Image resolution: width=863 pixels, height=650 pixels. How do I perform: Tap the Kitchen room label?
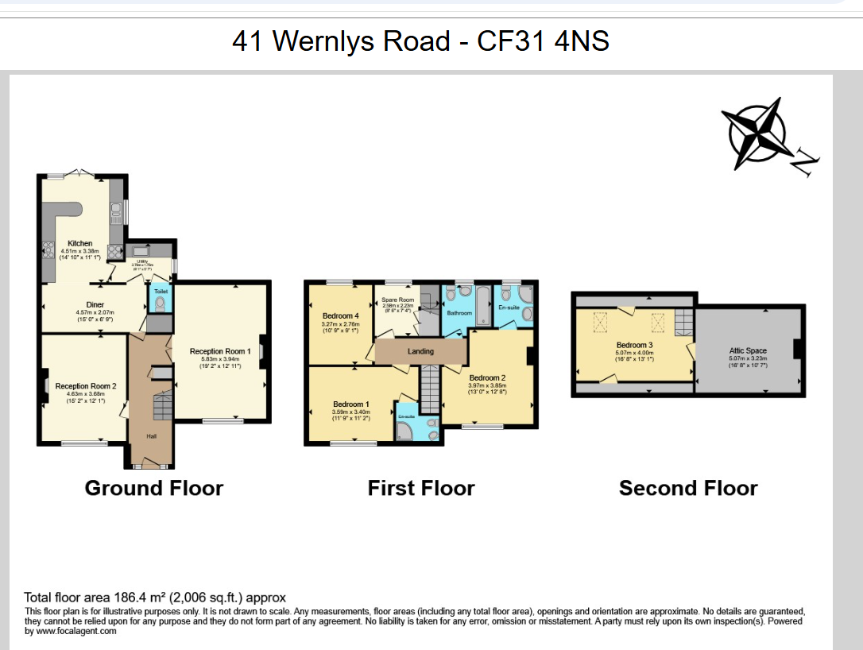(79, 243)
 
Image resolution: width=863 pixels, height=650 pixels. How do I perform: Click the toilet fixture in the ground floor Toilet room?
(161, 303)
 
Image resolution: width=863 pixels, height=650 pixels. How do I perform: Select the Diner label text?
(95, 304)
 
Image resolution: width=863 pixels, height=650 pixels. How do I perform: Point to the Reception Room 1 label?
(220, 350)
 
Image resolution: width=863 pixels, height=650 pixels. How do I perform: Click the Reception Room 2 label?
(86, 386)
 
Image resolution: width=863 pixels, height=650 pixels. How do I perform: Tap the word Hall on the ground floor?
(151, 435)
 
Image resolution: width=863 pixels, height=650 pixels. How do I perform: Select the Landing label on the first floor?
(420, 351)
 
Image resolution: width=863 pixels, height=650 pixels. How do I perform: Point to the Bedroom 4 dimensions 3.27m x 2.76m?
(340, 324)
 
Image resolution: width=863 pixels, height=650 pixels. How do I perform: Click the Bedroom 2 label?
(487, 377)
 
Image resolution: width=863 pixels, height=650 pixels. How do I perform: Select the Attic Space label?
(748, 350)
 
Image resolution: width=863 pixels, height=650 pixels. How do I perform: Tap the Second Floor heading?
(688, 488)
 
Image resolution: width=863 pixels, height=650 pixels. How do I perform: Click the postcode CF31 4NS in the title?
(543, 41)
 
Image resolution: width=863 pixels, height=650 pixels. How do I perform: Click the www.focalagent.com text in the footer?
(75, 631)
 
